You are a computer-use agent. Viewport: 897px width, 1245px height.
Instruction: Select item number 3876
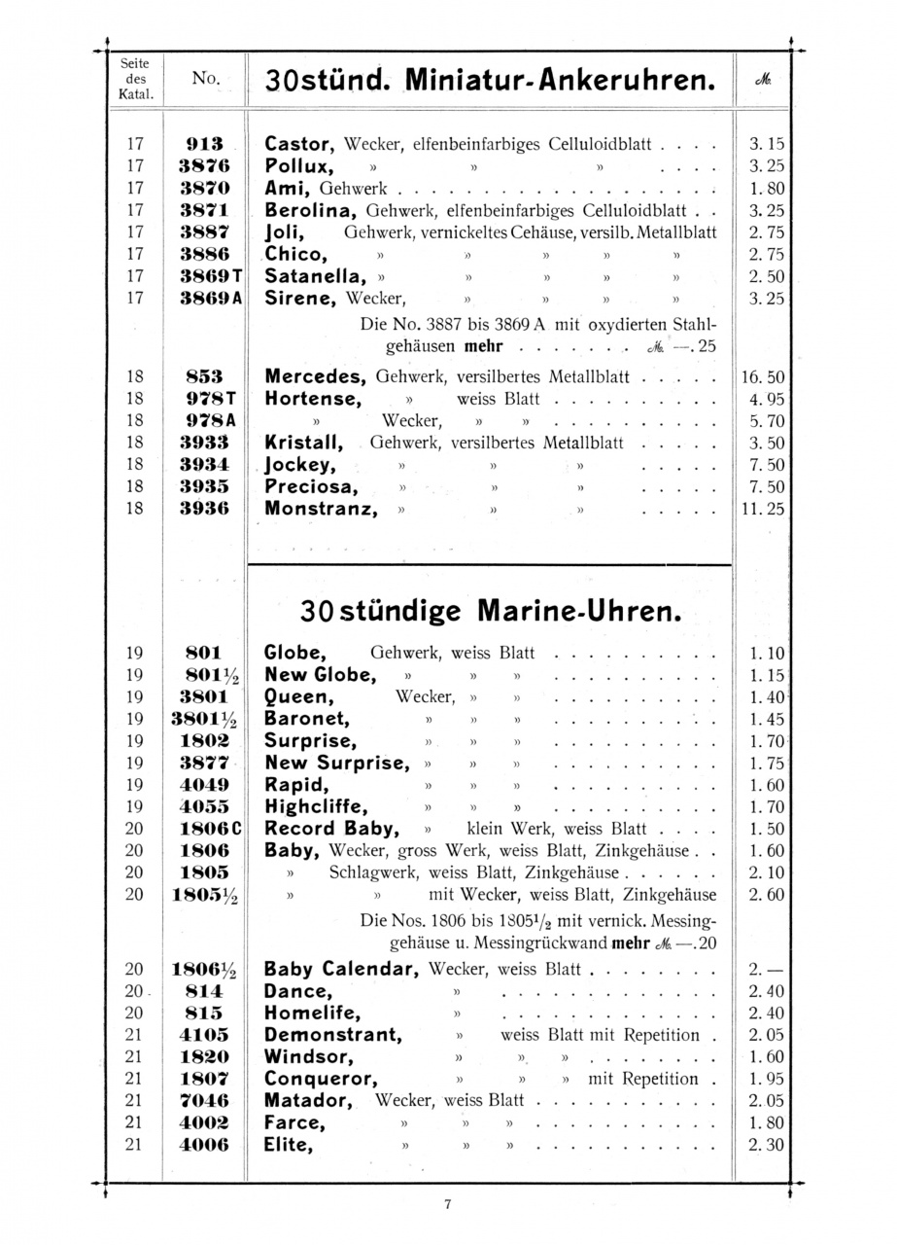(204, 166)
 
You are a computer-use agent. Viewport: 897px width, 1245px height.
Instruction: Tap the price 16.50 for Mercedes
(763, 376)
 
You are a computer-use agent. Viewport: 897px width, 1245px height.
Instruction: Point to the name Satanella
(314, 275)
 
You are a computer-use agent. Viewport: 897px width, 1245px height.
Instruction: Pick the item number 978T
(209, 399)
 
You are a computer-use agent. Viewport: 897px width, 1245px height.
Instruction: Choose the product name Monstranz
(320, 508)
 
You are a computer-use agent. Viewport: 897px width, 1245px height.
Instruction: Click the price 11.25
(763, 508)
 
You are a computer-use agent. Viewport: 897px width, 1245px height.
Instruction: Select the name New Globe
(319, 675)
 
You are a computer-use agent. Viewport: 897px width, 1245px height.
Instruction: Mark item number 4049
(204, 784)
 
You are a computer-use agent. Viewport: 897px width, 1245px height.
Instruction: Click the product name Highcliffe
(317, 806)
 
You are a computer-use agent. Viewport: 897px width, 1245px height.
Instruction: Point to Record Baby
(331, 829)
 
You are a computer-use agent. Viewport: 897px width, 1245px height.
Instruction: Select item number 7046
(204, 1101)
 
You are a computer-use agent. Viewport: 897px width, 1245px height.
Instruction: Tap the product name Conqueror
(320, 1079)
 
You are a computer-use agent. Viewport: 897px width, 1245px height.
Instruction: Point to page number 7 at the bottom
(448, 1204)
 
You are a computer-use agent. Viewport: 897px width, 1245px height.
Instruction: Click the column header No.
(204, 78)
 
